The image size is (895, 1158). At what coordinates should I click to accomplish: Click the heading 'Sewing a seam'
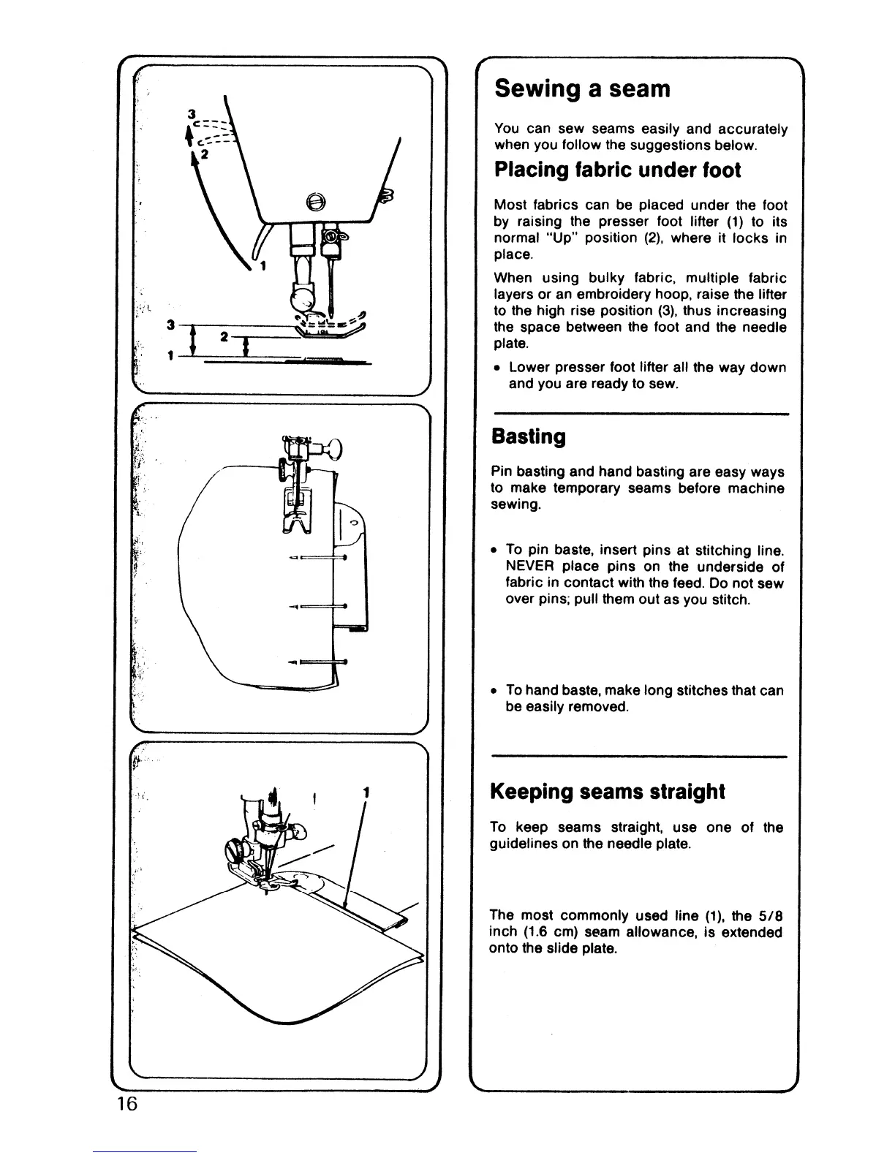click(582, 89)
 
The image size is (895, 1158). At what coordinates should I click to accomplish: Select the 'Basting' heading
click(529, 437)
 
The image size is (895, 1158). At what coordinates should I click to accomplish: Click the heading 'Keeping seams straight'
click(607, 792)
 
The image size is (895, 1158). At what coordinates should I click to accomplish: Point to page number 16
click(125, 1103)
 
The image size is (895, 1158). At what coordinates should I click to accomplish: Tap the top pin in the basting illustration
click(318, 558)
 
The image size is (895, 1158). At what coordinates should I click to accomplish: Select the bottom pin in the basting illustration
click(318, 662)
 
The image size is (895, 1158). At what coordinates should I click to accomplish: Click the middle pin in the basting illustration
click(318, 606)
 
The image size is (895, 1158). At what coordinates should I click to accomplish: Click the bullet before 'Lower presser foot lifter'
click(497, 367)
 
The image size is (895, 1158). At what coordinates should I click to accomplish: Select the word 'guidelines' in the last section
click(519, 844)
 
